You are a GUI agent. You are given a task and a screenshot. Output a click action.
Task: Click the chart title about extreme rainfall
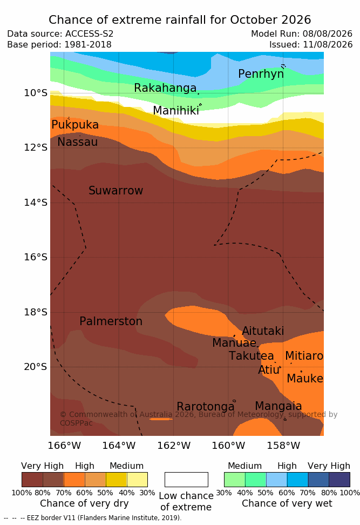coord(180,20)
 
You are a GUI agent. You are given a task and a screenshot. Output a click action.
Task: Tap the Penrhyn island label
coord(261,74)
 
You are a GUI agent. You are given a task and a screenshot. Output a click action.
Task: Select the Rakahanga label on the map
coord(165,87)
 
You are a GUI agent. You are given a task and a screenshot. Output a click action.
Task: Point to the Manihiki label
coord(176,110)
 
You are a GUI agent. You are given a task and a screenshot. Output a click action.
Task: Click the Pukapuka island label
coord(75,125)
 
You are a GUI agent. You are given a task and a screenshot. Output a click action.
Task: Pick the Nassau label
coord(78,142)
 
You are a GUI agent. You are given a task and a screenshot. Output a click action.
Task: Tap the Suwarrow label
coord(116,191)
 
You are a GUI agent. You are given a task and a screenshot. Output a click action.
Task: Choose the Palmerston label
coord(111,321)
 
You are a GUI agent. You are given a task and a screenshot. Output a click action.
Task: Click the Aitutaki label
coord(263,331)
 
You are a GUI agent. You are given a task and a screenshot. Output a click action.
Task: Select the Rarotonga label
coord(206,407)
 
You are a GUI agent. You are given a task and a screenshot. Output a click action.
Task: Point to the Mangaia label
coord(279,406)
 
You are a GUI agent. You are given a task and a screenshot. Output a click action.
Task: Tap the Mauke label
coord(305,378)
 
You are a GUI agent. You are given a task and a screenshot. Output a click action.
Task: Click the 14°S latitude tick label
coord(36,203)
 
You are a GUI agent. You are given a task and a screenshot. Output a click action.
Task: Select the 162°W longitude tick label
coord(174,446)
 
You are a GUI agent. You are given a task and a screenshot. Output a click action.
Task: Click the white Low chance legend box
coord(186,480)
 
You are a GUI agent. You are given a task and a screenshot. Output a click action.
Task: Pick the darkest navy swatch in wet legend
coord(339,480)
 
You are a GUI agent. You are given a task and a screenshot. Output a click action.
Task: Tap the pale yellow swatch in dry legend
coord(137,480)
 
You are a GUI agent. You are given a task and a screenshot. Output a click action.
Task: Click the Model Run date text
coord(302,34)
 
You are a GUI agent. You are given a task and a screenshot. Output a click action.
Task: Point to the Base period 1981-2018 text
coord(59,44)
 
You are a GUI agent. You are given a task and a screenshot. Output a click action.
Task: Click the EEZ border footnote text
coord(93,517)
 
